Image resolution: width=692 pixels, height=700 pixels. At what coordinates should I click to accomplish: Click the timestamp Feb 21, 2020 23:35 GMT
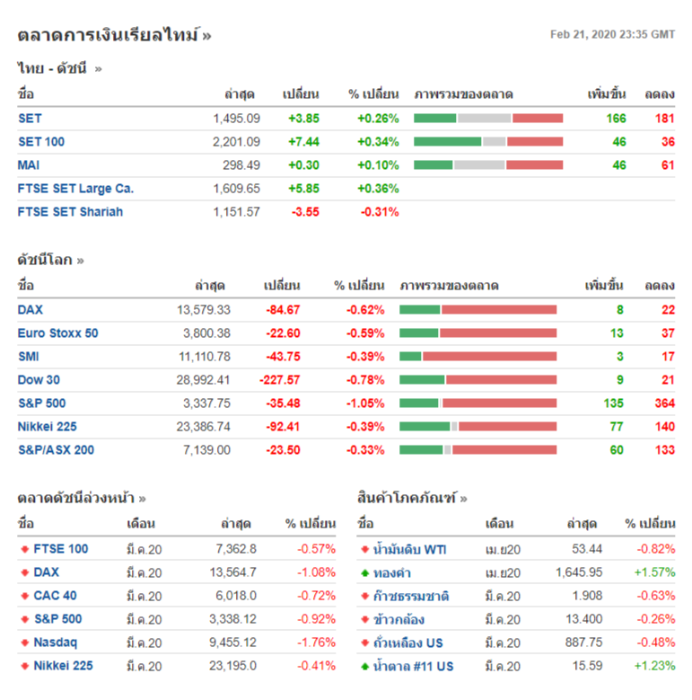pyautogui.click(x=612, y=35)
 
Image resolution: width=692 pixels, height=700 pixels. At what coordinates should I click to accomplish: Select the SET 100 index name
pyautogui.click(x=41, y=142)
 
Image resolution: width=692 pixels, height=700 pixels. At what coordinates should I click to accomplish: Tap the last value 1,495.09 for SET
pyautogui.click(x=237, y=119)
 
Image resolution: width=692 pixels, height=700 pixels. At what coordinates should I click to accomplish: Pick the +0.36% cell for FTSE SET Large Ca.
pyautogui.click(x=378, y=189)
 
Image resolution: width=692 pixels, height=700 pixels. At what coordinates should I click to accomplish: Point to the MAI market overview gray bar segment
pyautogui.click(x=479, y=165)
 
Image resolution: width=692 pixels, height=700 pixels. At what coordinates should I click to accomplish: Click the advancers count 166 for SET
pyautogui.click(x=616, y=119)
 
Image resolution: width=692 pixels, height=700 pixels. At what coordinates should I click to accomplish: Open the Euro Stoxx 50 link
pyautogui.click(x=58, y=333)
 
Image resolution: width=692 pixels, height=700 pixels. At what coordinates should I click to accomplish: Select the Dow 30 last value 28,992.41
pyautogui.click(x=204, y=380)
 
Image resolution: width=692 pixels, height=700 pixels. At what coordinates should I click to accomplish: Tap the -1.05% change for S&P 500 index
pyautogui.click(x=365, y=403)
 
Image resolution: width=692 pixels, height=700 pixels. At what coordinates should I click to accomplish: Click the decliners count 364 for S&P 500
pyautogui.click(x=664, y=403)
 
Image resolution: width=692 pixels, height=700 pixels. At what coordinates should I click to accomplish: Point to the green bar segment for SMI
pyautogui.click(x=410, y=357)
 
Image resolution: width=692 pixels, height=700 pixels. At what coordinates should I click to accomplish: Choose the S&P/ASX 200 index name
pyautogui.click(x=56, y=450)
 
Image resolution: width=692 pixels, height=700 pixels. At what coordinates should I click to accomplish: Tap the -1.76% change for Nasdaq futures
pyautogui.click(x=317, y=642)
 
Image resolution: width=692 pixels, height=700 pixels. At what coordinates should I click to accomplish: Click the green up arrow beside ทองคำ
pyautogui.click(x=364, y=573)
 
